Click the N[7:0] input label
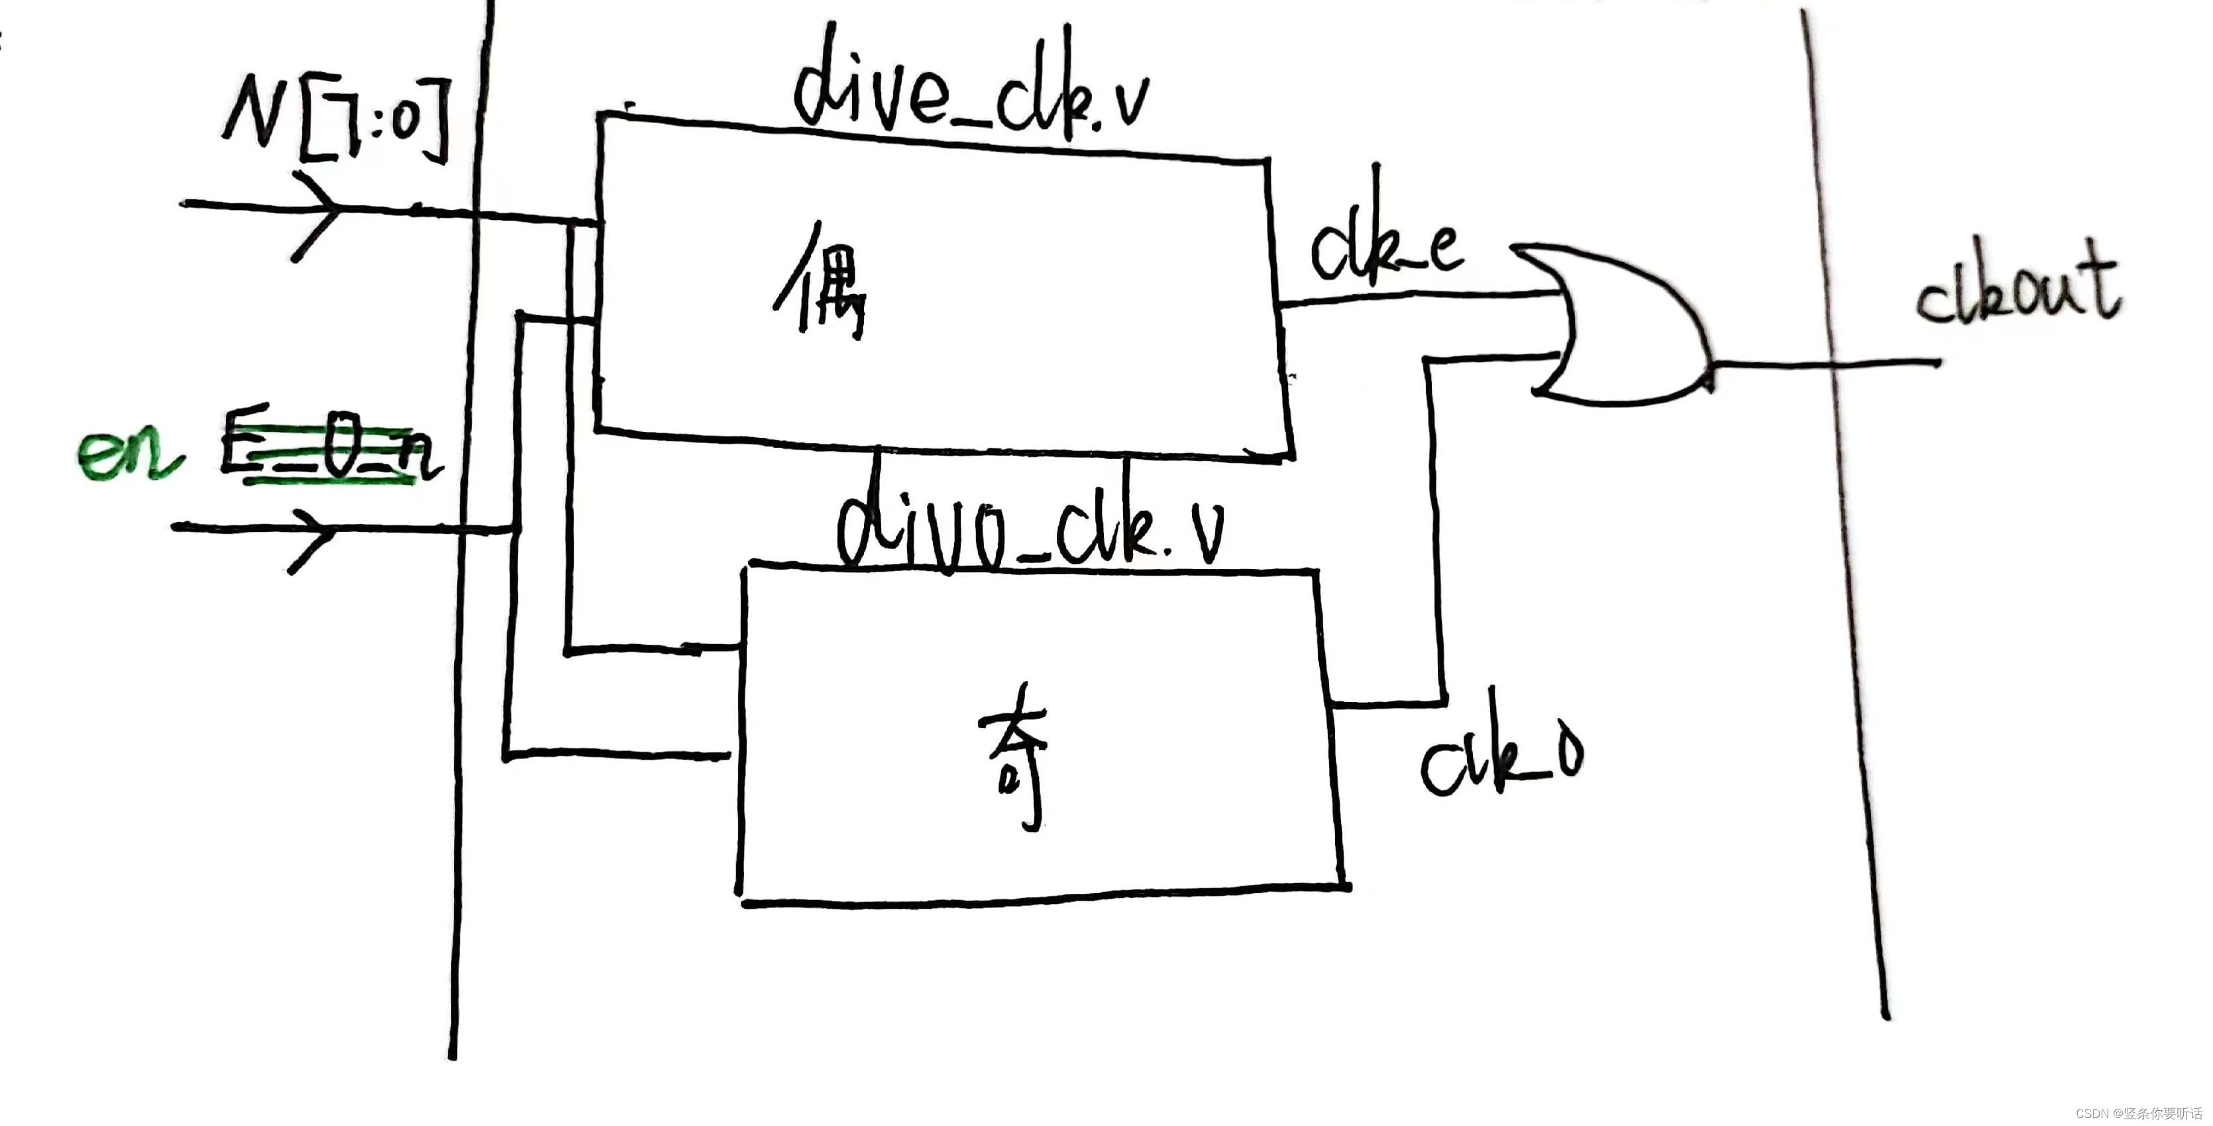[x=335, y=121]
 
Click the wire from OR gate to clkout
[x=1821, y=364]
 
